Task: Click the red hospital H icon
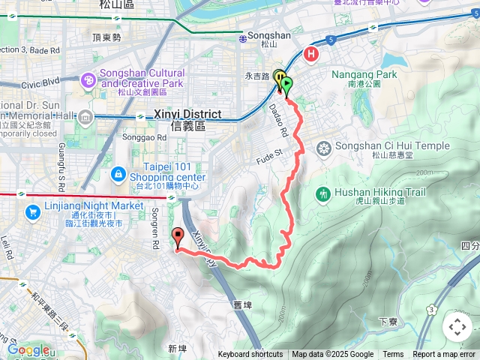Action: [x=311, y=55]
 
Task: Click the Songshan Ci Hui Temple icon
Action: [x=323, y=146]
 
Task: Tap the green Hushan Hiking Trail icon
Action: [x=324, y=193]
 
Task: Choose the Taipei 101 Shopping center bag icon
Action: [x=118, y=175]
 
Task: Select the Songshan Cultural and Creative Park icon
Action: [x=88, y=79]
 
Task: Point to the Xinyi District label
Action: [x=187, y=114]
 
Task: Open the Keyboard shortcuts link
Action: [x=250, y=355]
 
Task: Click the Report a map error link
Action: [x=444, y=355]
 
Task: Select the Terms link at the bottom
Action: [x=393, y=355]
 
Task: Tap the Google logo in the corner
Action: [x=28, y=349]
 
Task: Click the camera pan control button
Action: [x=457, y=327]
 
